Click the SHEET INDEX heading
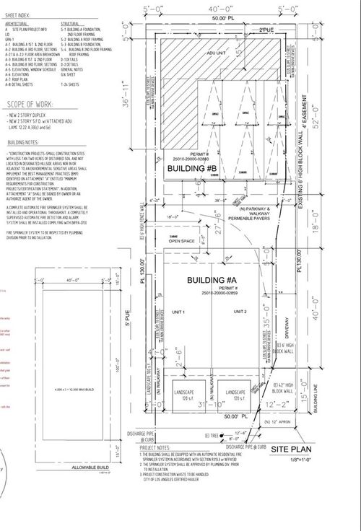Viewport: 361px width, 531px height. click(x=17, y=14)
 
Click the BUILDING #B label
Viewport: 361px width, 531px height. click(x=189, y=168)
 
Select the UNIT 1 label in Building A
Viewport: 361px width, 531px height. click(x=178, y=312)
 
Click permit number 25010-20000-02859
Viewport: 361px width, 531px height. click(x=209, y=294)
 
